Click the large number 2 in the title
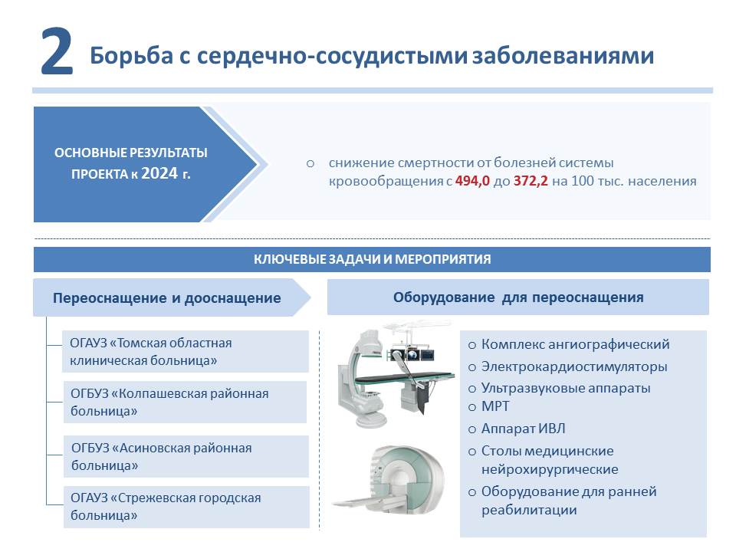[57, 51]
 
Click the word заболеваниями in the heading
[563, 55]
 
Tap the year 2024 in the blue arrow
[159, 173]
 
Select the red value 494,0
[472, 181]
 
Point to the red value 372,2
[531, 181]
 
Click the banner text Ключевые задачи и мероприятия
[373, 259]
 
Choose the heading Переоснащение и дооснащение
[166, 298]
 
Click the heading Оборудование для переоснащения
[518, 297]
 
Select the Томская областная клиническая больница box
[186, 352]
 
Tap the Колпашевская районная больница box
[186, 402]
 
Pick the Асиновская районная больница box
[186, 457]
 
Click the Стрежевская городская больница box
[186, 507]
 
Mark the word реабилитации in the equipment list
[529, 511]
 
